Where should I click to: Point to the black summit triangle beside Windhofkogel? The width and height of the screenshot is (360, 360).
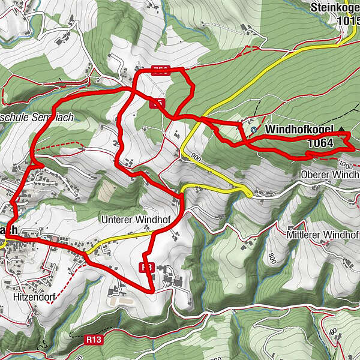pyautogui.click(x=342, y=129)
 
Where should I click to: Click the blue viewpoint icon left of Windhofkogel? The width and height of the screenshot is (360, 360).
pyautogui.click(x=254, y=129)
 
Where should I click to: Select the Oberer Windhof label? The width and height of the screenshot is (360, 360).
pyautogui.click(x=329, y=175)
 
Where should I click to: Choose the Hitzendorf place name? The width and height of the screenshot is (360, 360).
pyautogui.click(x=32, y=296)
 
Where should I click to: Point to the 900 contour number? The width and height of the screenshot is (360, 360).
pyautogui.click(x=194, y=157)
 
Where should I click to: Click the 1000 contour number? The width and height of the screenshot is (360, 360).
pyautogui.click(x=346, y=164)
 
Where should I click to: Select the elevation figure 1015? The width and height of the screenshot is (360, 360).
pyautogui.click(x=348, y=21)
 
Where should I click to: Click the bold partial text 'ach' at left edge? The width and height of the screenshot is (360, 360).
pyautogui.click(x=7, y=230)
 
